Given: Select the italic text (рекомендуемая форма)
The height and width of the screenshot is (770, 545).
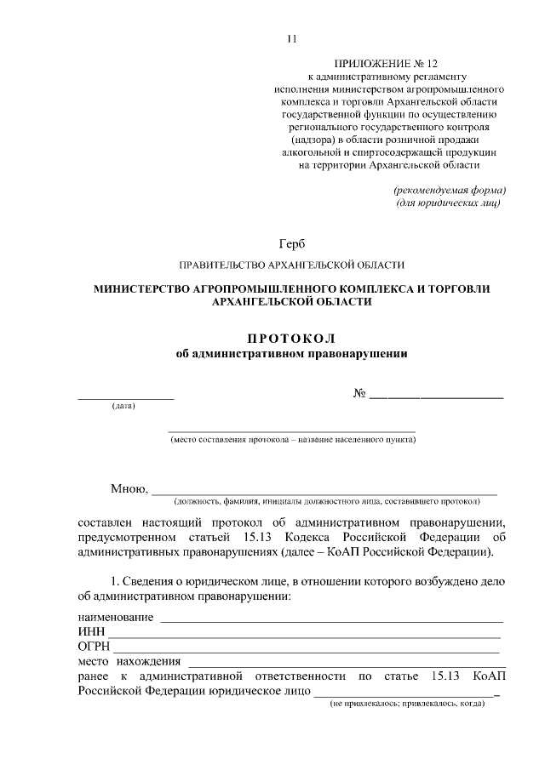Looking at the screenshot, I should pyautogui.click(x=450, y=189).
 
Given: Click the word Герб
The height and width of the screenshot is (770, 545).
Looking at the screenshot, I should pyautogui.click(x=291, y=245).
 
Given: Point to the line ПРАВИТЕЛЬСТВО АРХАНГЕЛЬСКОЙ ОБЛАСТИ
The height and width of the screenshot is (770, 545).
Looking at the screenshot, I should pyautogui.click(x=291, y=265).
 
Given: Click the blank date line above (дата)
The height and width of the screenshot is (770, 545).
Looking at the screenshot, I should pyautogui.click(x=126, y=397).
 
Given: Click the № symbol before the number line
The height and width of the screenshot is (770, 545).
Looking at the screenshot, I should pyautogui.click(x=359, y=394).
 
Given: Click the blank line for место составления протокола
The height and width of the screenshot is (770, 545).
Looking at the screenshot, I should pyautogui.click(x=291, y=432).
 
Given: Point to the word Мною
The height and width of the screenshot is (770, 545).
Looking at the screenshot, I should pyautogui.click(x=129, y=488).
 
